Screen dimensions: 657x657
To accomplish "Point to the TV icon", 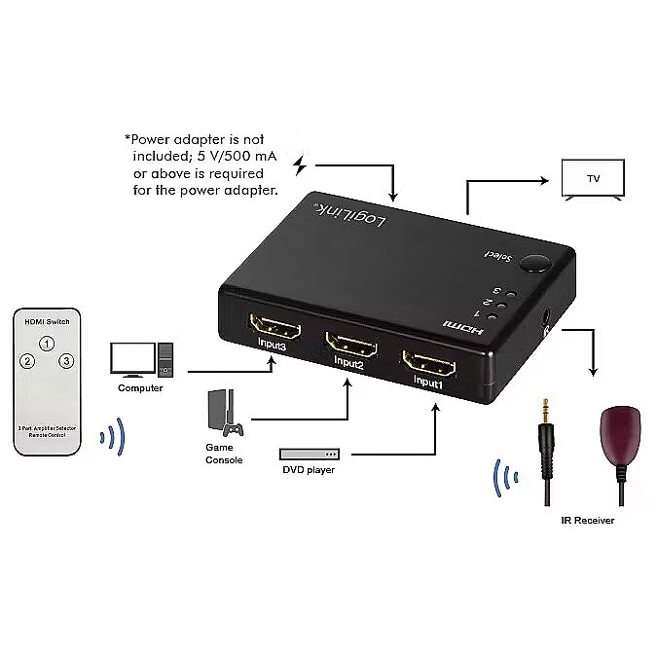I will click(x=593, y=179).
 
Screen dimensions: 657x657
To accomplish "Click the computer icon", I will click(x=142, y=359).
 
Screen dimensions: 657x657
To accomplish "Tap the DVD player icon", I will click(x=310, y=454).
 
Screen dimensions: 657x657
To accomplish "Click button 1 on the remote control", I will click(x=46, y=344).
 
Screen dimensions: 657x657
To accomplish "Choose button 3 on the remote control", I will click(x=66, y=362).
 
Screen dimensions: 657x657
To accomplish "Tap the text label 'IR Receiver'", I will click(x=587, y=521).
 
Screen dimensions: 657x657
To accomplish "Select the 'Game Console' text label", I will click(x=224, y=454).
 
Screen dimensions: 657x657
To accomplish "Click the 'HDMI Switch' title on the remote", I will click(x=46, y=322).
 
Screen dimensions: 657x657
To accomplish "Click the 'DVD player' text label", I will click(x=310, y=471).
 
